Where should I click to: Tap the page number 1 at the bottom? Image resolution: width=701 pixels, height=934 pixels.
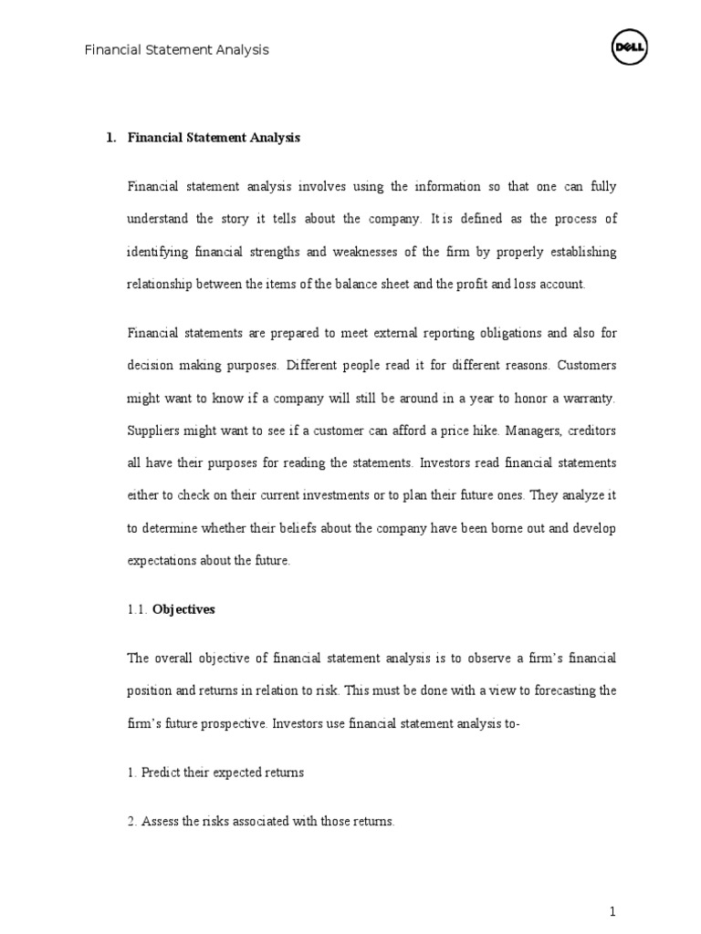coord(613,912)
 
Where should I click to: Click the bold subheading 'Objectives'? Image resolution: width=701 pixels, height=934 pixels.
coord(183,609)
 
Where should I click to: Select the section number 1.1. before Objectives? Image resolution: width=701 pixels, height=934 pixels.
coord(137,609)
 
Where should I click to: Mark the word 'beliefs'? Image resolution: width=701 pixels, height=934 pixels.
coord(291,528)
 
